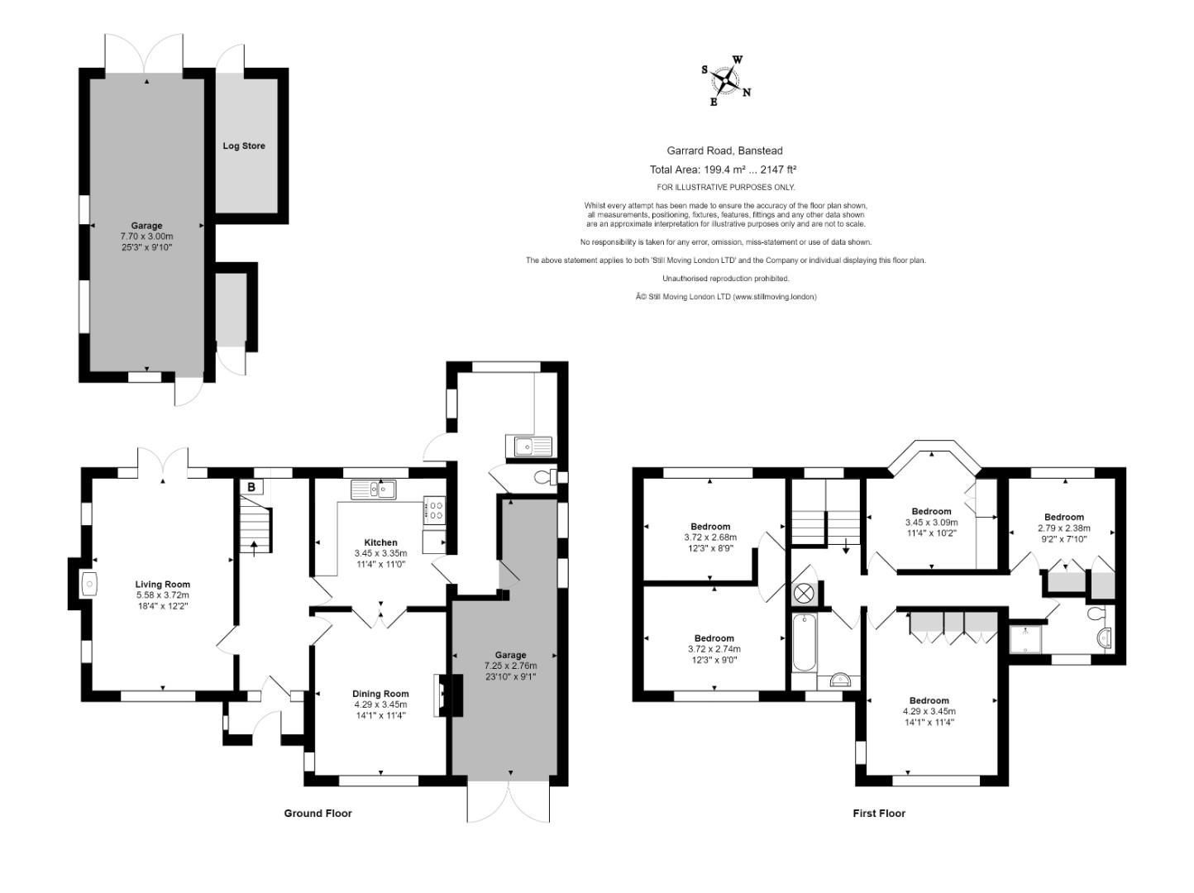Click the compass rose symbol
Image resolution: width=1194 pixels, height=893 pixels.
(726, 80)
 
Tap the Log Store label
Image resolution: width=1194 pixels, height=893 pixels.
(244, 146)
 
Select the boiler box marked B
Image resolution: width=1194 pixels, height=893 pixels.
(251, 487)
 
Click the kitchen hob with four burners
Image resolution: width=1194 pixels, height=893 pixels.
(435, 510)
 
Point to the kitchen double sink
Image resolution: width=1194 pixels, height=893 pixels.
(374, 489)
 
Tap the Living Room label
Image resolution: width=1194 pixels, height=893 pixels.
(163, 584)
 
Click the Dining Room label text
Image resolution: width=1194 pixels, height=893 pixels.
(380, 694)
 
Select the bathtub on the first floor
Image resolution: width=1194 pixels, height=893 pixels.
(804, 642)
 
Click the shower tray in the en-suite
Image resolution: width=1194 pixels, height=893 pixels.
(1024, 639)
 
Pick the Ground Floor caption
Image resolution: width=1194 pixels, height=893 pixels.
(318, 813)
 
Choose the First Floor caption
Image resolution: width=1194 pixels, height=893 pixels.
(879, 813)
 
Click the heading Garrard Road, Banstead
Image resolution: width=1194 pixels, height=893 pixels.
(725, 150)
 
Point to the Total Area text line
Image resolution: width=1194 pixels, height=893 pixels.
(723, 170)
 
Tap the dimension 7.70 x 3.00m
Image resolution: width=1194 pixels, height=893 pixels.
(146, 236)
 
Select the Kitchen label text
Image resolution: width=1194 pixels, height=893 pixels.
(381, 542)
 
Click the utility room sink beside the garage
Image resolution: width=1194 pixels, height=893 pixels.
(528, 446)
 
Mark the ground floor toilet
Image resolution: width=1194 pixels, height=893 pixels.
(546, 477)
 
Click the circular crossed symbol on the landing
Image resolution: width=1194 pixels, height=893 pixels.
(803, 594)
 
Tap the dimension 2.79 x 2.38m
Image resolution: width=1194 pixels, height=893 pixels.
(1064, 528)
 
